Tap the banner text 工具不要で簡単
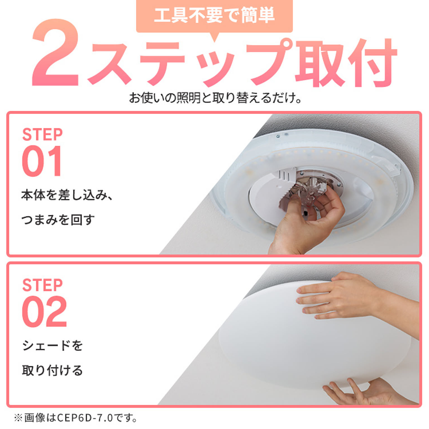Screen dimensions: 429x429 pos(214,15)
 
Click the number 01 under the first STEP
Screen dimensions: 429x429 pos(42,161)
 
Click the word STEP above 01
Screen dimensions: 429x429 pos(42,135)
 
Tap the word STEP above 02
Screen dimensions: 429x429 pos(42,285)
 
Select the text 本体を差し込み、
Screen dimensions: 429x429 pos(67,195)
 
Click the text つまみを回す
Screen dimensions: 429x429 pos(58,220)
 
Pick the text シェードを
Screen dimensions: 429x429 pos(53,345)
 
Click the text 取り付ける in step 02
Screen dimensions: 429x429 pos(53,370)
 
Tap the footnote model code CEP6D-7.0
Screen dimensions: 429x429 pos(85,418)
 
